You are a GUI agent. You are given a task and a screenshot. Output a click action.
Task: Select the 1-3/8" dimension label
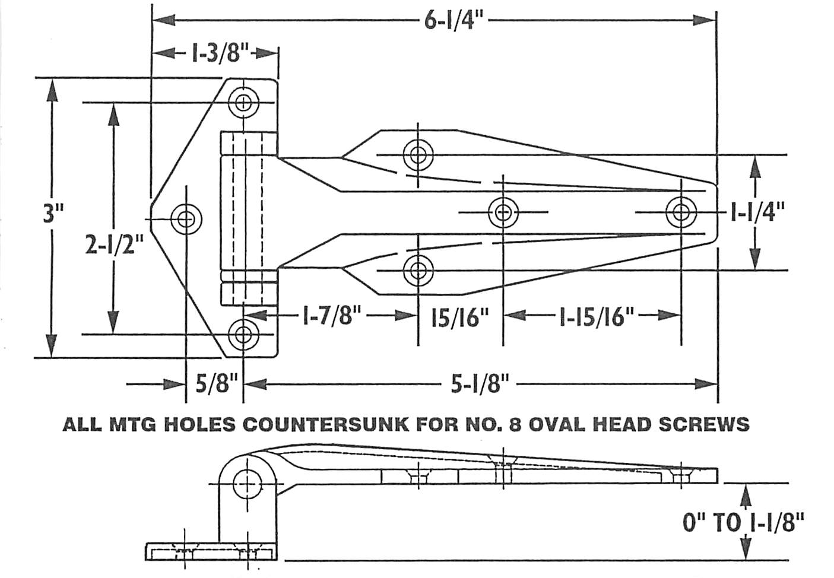(x=218, y=54)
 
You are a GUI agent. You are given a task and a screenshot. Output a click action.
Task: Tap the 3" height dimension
(x=53, y=213)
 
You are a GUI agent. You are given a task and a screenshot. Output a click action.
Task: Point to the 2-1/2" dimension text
(x=114, y=244)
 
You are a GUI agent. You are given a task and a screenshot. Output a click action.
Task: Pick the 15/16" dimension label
(x=460, y=318)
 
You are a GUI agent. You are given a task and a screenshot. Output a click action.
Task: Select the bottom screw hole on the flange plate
(x=243, y=334)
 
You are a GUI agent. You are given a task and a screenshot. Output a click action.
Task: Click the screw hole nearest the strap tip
(x=681, y=211)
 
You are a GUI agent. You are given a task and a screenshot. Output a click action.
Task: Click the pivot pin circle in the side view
(x=247, y=484)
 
